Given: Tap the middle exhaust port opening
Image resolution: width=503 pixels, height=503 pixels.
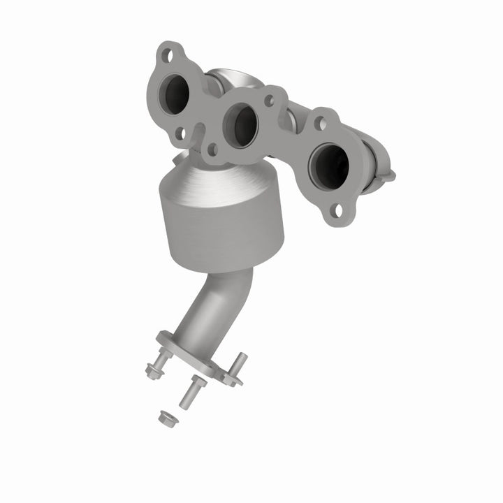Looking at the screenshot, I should coord(240,125).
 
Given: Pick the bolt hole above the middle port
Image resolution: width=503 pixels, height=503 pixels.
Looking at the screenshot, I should coord(268,100).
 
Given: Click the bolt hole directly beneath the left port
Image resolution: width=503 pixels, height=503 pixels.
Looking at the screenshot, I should coord(180,132).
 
